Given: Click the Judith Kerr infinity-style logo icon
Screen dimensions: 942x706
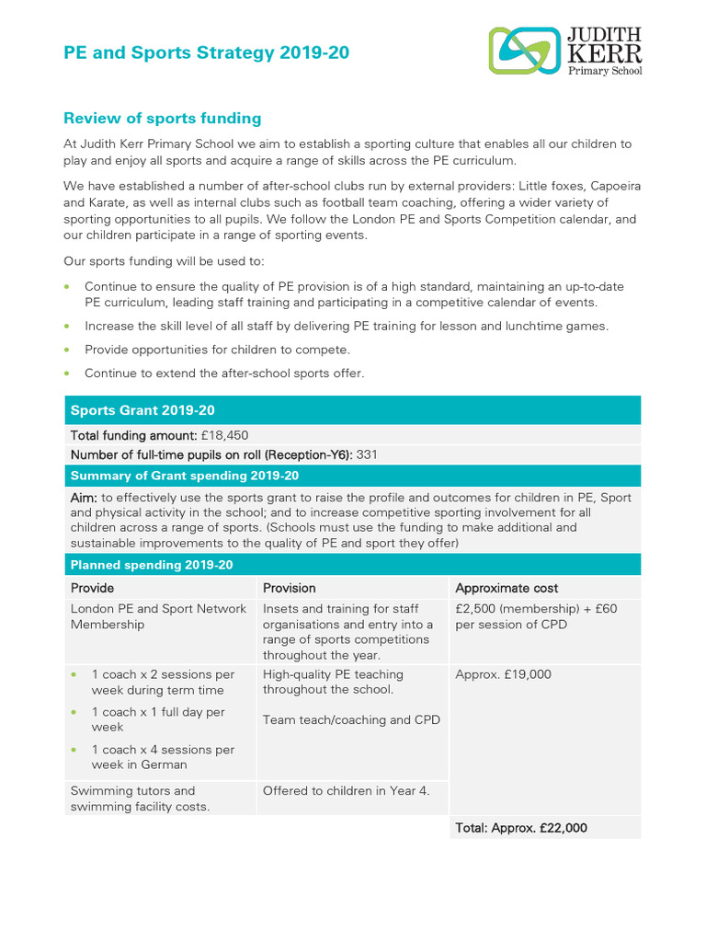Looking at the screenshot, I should (524, 50).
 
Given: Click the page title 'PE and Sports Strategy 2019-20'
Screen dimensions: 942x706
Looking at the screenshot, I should (206, 53).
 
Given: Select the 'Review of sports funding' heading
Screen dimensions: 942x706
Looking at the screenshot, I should (162, 119).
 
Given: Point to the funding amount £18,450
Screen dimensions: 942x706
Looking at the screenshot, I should (224, 435).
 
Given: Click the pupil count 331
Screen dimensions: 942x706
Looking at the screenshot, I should (367, 454).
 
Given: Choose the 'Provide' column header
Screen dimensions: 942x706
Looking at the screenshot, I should (93, 588).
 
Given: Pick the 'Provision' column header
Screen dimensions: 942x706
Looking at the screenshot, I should (289, 588).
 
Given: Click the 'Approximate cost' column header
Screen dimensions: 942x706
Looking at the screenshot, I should (507, 588).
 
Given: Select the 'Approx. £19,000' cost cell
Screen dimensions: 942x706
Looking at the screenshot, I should (503, 674).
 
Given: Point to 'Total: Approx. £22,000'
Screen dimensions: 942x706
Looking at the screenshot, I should (520, 828).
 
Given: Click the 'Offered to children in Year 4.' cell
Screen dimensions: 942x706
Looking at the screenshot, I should (346, 790).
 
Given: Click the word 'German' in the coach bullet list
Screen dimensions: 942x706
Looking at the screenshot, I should (164, 764).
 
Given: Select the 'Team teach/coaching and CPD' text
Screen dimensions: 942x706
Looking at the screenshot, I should (351, 719).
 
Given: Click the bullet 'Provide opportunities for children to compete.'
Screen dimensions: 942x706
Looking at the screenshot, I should (217, 350).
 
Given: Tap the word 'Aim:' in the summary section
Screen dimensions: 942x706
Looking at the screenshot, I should (85, 498).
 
